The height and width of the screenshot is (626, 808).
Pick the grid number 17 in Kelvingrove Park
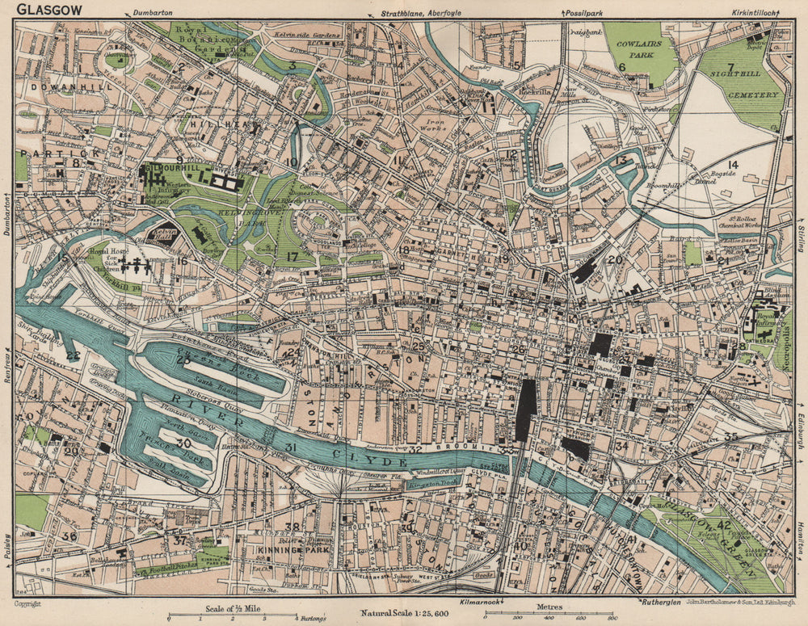tap(292, 258)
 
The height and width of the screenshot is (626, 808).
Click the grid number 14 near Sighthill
tap(734, 165)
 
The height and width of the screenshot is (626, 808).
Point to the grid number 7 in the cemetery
tap(730, 67)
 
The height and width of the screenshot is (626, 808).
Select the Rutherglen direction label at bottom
tap(664, 602)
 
